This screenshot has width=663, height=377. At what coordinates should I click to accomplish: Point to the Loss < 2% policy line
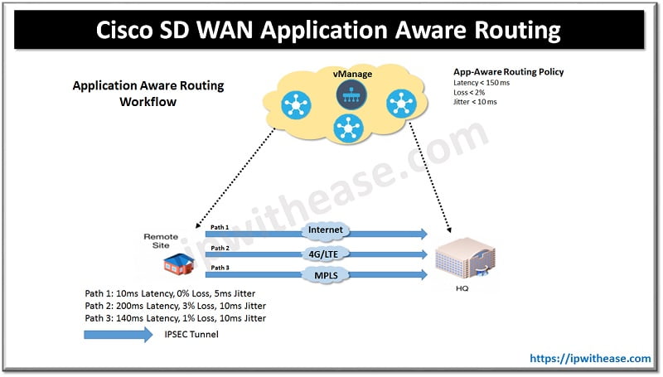(x=471, y=92)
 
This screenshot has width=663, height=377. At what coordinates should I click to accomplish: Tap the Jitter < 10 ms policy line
(x=476, y=102)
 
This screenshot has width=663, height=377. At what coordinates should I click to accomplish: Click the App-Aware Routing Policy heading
(x=508, y=72)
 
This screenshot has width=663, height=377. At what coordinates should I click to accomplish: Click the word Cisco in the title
(x=134, y=31)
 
